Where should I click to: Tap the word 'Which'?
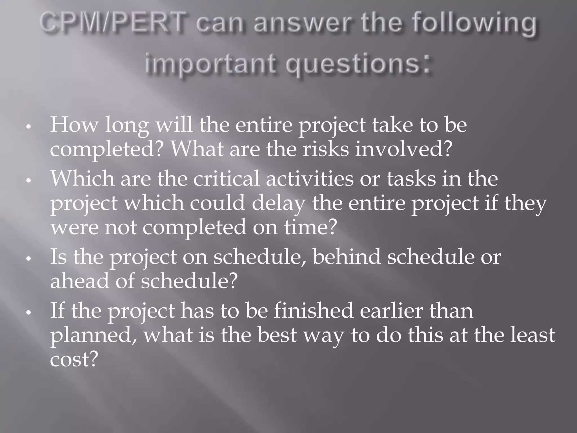pyautogui.click(x=82, y=179)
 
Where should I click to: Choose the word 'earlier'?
pyautogui.click(x=391, y=311)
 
